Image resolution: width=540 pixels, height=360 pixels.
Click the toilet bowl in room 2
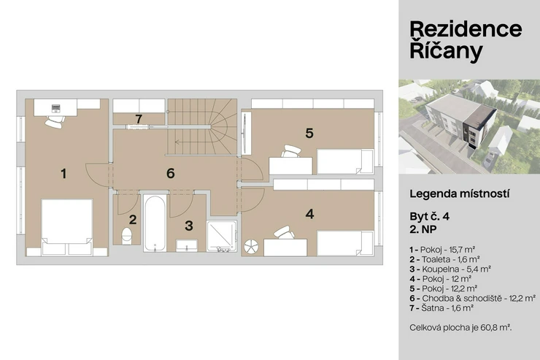[x=127, y=236]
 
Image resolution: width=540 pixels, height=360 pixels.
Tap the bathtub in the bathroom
[x=155, y=223]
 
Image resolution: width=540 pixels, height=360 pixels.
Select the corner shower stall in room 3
[x=222, y=236]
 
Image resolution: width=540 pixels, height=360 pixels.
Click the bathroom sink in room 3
[x=187, y=245]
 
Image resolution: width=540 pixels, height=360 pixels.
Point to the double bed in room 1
[x=67, y=227]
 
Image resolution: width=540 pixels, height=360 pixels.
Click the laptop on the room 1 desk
[x=55, y=109]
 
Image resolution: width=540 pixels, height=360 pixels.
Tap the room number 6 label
[x=171, y=173]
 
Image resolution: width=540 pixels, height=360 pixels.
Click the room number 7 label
[x=139, y=119]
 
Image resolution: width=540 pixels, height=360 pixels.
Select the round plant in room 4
[x=251, y=247]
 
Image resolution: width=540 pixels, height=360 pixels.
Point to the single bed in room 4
[x=345, y=243]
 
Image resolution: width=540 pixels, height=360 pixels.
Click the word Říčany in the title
[x=446, y=51]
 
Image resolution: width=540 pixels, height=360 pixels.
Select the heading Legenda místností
[x=460, y=194]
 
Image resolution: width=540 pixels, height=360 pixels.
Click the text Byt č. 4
[x=430, y=216]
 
